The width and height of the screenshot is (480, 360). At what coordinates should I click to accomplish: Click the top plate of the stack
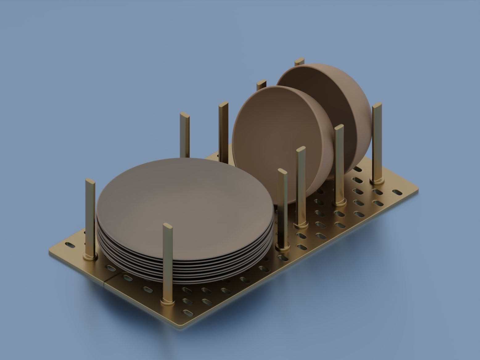tap(185, 200)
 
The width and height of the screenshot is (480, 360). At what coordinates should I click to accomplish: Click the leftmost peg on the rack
tap(90, 216)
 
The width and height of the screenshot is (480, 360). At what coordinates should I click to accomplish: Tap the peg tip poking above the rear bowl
tap(299, 61)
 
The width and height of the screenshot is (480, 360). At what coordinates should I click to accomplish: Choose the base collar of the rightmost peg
tap(377, 181)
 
